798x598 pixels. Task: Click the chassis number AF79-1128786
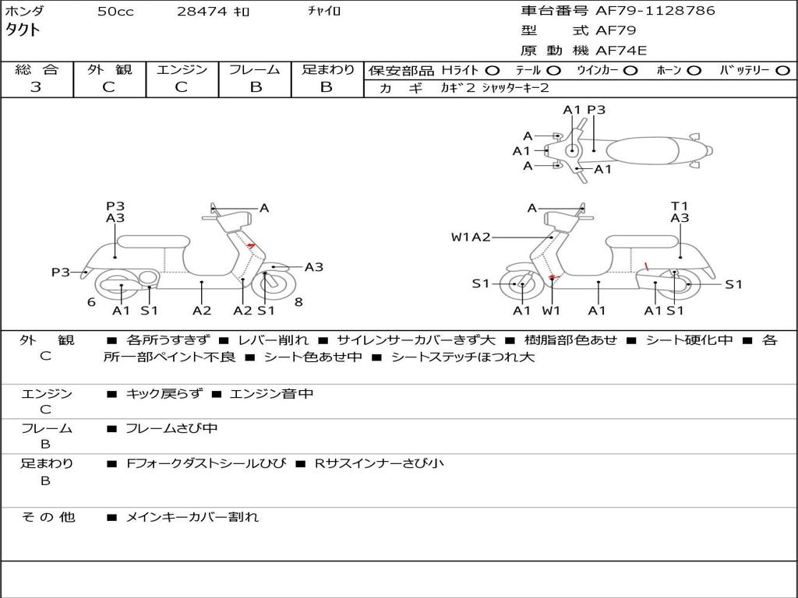(655, 11)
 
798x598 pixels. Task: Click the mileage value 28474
(202, 11)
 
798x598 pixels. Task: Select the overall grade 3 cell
(36, 87)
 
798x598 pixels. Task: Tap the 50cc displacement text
(115, 11)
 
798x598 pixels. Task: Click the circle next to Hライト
(493, 71)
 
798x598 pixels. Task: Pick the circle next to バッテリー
(782, 71)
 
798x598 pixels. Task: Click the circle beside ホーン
(694, 71)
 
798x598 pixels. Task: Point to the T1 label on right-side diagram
(679, 206)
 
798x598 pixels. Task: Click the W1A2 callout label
(471, 237)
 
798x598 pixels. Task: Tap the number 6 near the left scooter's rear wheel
(91, 302)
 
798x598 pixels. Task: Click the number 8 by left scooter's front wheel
(298, 302)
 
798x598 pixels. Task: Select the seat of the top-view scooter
(642, 151)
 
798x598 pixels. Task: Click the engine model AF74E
(621, 51)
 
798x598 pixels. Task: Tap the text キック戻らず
(164, 393)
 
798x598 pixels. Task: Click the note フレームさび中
(171, 429)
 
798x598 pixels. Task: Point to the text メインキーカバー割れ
(192, 517)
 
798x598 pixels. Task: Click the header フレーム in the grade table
(255, 69)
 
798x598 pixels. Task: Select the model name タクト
(23, 30)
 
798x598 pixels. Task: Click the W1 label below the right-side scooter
(551, 311)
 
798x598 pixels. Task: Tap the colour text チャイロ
(324, 11)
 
